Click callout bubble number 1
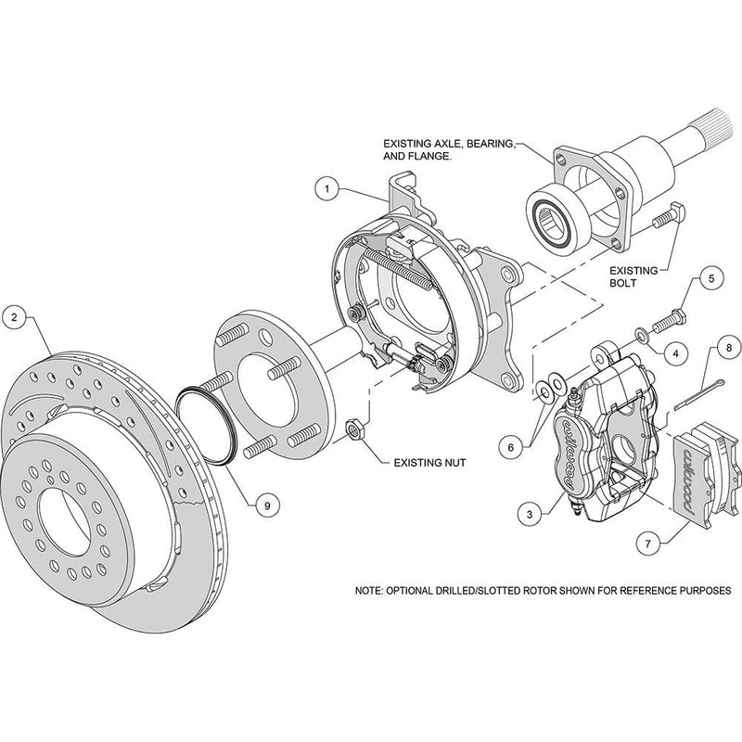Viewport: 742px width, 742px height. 326,188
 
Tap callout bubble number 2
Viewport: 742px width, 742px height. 15,318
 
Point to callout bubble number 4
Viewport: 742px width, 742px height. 674,352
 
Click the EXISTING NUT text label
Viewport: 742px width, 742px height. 430,459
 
